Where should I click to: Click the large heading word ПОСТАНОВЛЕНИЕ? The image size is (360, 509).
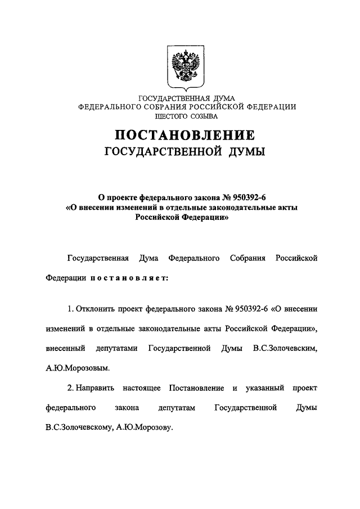point(185,136)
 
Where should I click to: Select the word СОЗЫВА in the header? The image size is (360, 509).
point(204,116)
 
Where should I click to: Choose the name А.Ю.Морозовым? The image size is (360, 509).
point(76,369)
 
